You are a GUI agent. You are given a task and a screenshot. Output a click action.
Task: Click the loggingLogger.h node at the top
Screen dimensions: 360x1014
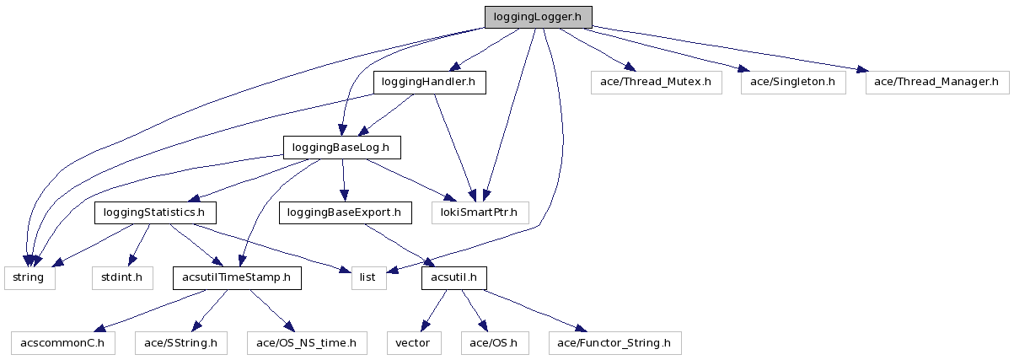coord(538,17)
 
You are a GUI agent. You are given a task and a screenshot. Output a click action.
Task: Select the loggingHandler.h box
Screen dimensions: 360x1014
coord(429,82)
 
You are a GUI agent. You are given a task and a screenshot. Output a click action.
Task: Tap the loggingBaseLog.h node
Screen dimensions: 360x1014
coord(340,148)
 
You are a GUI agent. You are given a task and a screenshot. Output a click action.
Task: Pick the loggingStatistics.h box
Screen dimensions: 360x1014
coord(154,212)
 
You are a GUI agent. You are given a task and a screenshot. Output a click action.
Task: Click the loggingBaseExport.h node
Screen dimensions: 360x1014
coord(345,212)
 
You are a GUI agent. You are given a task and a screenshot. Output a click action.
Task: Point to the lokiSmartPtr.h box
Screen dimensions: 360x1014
coord(480,212)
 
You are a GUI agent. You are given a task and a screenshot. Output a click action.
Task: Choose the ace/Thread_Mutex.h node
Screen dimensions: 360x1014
coord(657,82)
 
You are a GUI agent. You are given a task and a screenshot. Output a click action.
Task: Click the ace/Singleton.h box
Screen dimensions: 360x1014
coord(792,82)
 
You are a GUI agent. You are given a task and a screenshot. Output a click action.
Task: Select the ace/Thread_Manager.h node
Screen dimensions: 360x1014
coord(936,82)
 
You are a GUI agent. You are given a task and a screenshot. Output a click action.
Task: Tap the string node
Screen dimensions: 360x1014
coord(30,277)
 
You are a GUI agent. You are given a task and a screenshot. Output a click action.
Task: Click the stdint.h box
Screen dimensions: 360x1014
coord(122,277)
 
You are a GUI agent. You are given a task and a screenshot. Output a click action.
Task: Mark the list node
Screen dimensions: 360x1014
coord(369,277)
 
